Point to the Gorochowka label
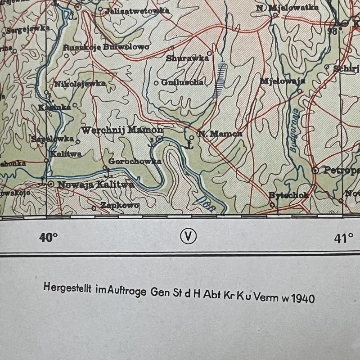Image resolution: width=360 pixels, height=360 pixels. pyautogui.click(x=135, y=161)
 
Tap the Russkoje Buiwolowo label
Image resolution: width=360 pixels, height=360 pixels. pyautogui.click(x=106, y=47)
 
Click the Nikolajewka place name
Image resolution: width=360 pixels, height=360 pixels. pyautogui.click(x=80, y=84)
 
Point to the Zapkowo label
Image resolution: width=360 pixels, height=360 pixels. pyautogui.click(x=119, y=205)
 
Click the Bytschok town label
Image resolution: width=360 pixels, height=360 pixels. pyautogui.click(x=288, y=195)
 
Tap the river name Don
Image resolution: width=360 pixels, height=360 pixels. pyautogui.click(x=205, y=201)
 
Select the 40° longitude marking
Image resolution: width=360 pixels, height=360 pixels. pyautogui.click(x=49, y=238)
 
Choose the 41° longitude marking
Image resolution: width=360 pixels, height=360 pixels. pyautogui.click(x=343, y=238)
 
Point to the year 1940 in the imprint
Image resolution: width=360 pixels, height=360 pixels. pyautogui.click(x=303, y=298)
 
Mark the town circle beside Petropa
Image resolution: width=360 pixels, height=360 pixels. pyautogui.click(x=315, y=170)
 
